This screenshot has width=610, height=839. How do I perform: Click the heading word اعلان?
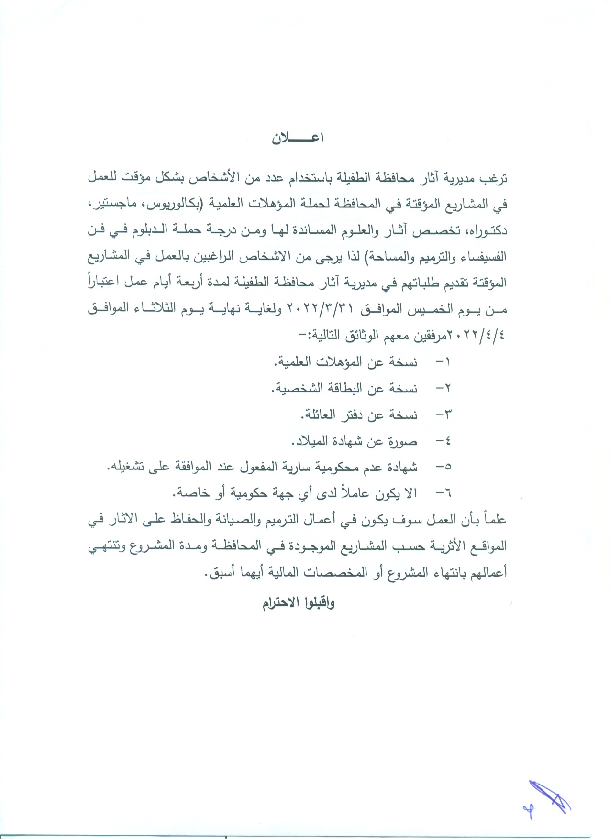click(298, 139)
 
